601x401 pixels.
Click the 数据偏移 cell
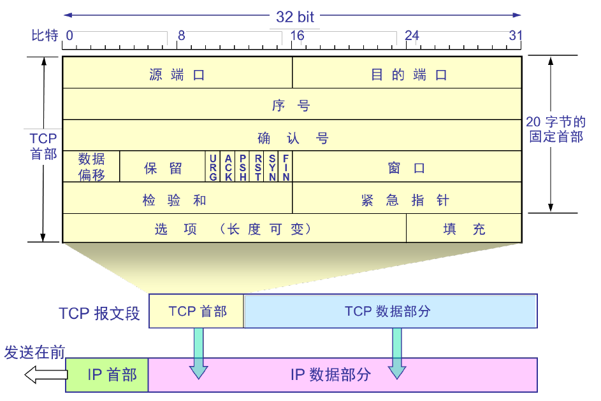(91, 167)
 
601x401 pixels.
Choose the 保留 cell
(163, 167)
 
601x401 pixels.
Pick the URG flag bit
(213, 167)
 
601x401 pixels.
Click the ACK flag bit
(228, 167)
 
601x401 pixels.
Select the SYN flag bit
(272, 167)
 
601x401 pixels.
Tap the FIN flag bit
(286, 167)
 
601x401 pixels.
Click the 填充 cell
(464, 228)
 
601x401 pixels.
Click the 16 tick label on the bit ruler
(297, 36)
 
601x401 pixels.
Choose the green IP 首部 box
(108, 375)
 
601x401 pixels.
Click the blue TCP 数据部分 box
(390, 311)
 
